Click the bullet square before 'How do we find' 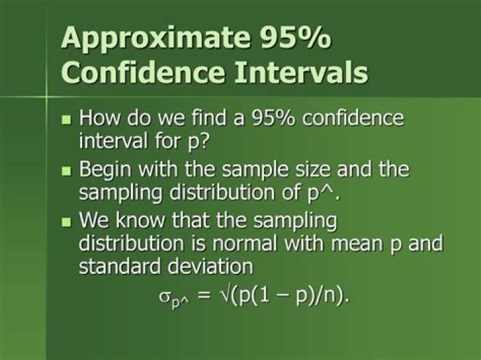click(65, 121)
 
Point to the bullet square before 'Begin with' click(65, 171)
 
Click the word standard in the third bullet click(118, 266)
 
